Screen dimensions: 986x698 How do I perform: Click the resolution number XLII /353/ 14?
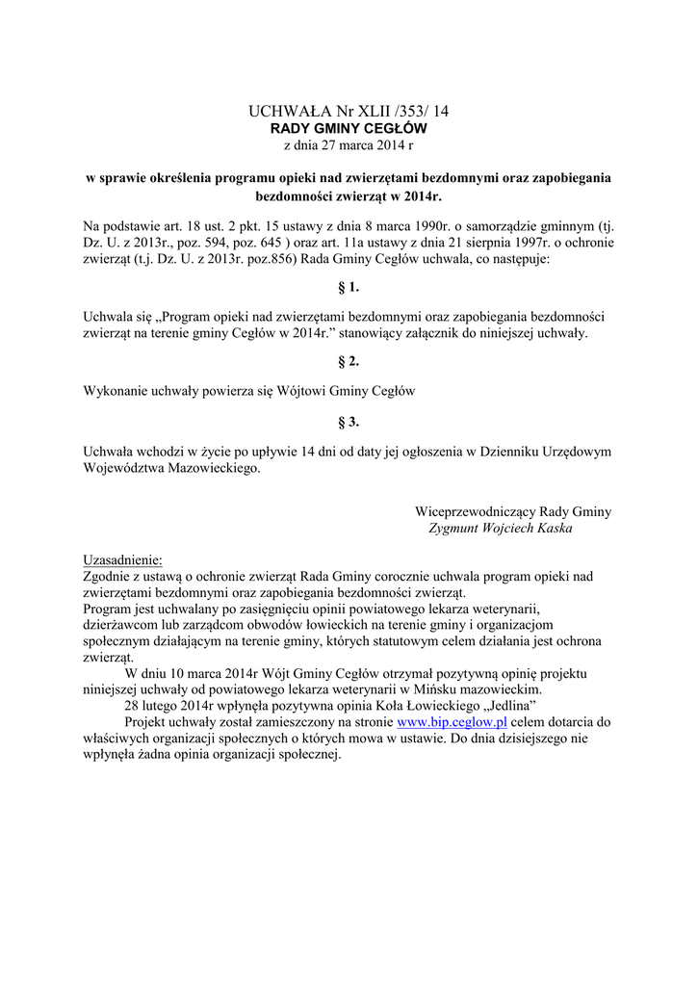click(x=396, y=112)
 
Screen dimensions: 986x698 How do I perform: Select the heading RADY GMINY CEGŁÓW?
click(x=348, y=128)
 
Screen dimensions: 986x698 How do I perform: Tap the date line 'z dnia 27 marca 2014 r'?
click(x=348, y=144)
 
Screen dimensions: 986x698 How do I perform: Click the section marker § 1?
click(x=348, y=287)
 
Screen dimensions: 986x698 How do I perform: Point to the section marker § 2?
click(x=348, y=361)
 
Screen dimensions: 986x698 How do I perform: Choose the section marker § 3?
click(x=348, y=422)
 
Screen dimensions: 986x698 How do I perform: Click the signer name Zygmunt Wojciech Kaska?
click(x=499, y=529)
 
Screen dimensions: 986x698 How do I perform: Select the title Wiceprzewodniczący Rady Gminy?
click(x=513, y=511)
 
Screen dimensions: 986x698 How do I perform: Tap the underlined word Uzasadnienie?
click(x=123, y=560)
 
